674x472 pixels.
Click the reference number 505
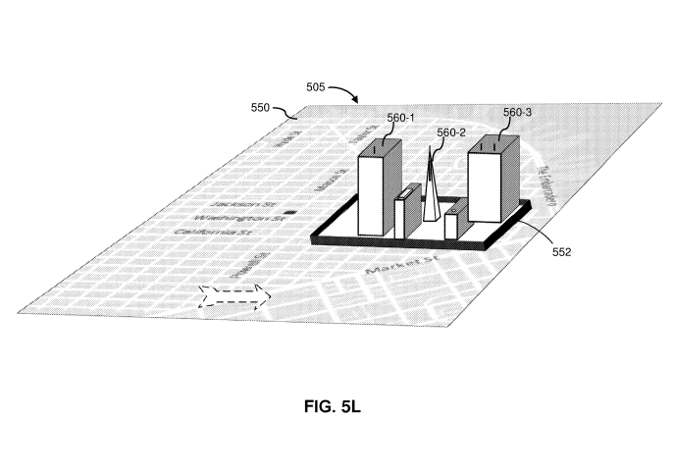click(316, 87)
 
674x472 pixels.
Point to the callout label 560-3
click(517, 113)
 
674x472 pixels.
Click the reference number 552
click(562, 251)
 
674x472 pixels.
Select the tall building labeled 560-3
click(493, 182)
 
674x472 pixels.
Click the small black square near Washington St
click(289, 212)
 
